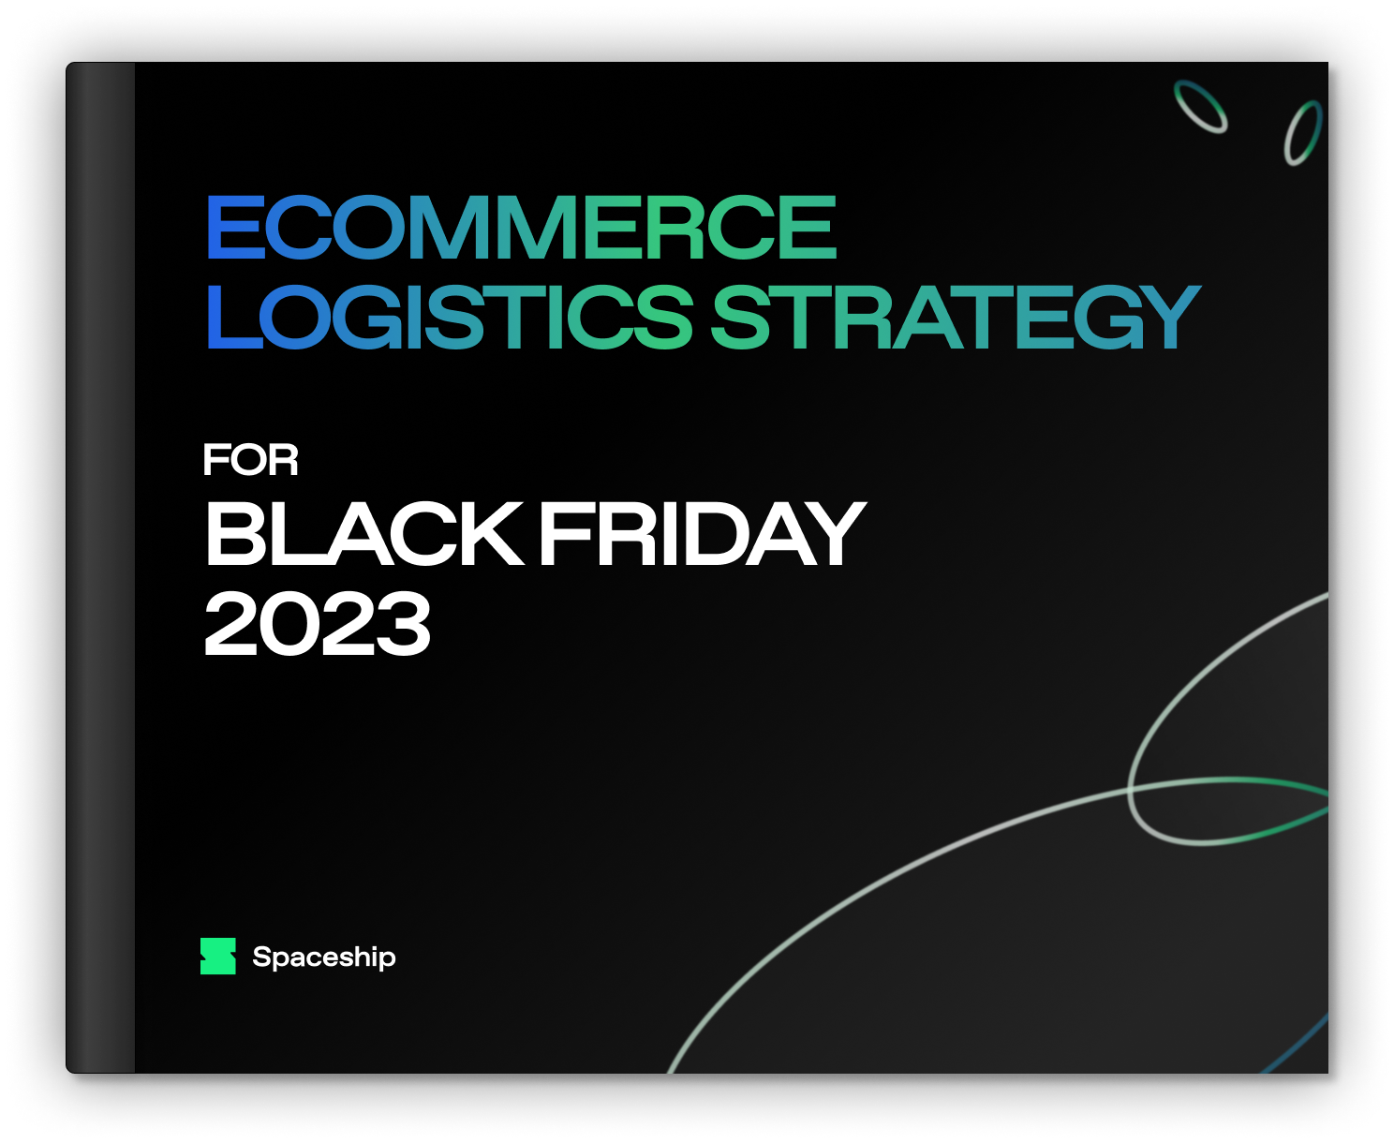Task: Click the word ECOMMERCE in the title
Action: pos(522,227)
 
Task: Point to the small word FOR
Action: pos(250,459)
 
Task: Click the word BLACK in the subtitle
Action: pos(364,533)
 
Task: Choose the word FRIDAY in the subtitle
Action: pos(704,533)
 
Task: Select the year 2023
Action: pos(318,623)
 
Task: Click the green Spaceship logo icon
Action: pos(218,956)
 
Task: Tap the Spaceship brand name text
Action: pos(324,957)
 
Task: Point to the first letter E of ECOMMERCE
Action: pos(236,227)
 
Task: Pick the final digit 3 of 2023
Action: pos(403,623)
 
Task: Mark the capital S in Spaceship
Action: pos(262,957)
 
